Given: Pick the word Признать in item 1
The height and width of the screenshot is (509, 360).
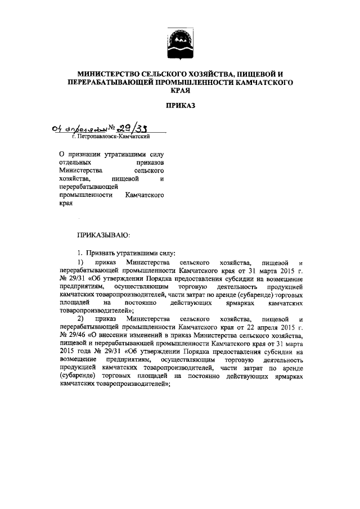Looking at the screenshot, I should point(102,254).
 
